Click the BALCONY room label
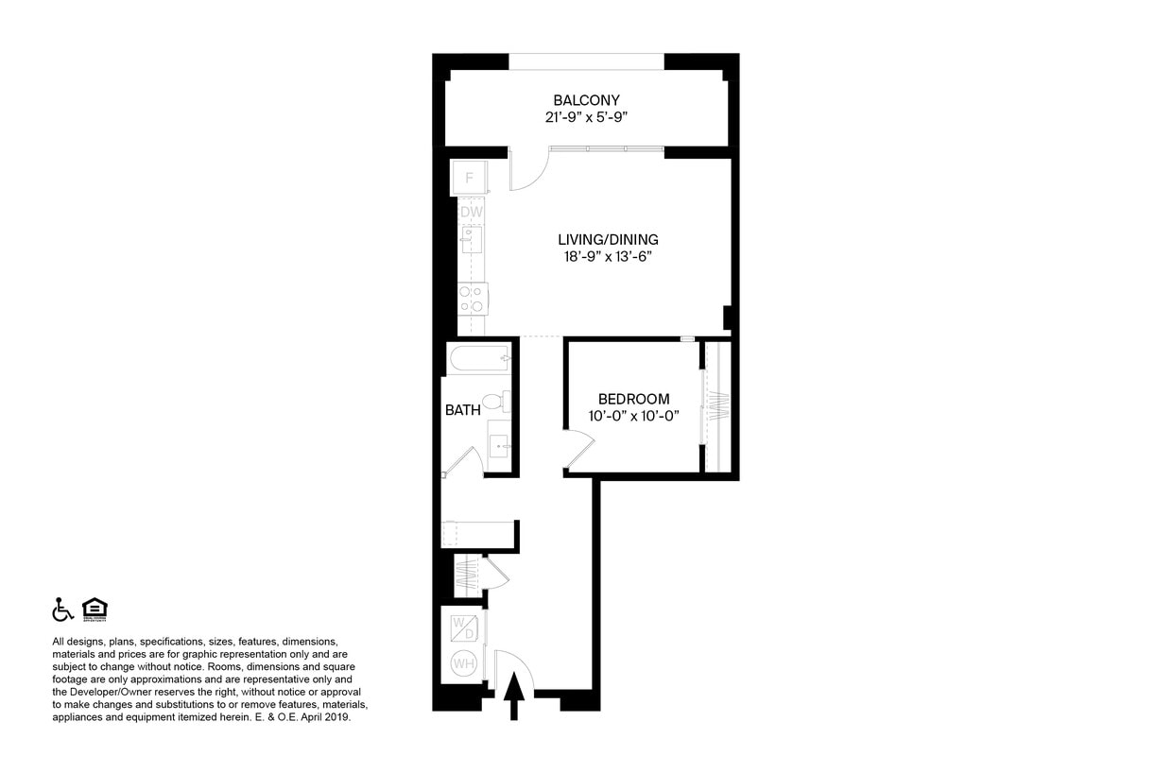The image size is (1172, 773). (586, 100)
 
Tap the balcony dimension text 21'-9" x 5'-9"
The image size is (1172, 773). (586, 118)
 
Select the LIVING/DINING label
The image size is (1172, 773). (608, 239)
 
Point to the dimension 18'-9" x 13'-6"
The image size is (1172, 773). (608, 256)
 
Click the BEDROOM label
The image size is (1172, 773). (633, 399)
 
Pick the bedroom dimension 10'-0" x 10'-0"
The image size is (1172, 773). (633, 416)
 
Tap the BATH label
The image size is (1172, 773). (463, 410)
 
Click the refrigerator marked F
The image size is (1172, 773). (469, 178)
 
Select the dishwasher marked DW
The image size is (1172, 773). (471, 213)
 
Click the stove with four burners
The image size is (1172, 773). (471, 300)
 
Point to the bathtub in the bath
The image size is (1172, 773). (479, 358)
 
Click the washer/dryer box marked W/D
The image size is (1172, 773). (463, 627)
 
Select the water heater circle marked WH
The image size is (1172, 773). (463, 664)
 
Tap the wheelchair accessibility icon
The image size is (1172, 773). (62, 610)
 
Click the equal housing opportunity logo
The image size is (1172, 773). (95, 610)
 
